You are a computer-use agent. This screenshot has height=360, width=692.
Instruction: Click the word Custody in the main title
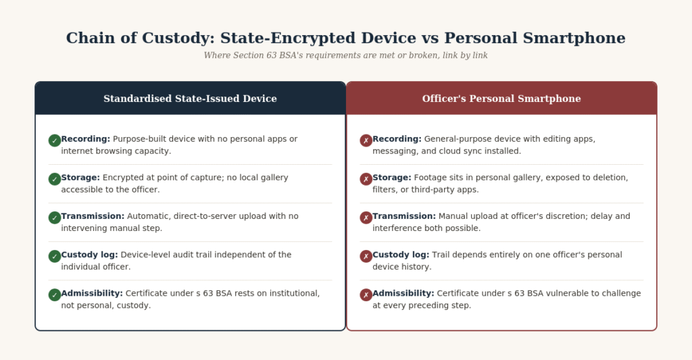pyautogui.click(x=178, y=38)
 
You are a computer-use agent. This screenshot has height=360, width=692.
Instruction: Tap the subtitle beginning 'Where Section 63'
pyautogui.click(x=345, y=55)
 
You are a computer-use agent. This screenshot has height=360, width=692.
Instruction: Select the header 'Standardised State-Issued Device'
pyautogui.click(x=190, y=99)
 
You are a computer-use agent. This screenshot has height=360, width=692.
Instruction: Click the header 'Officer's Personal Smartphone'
pyautogui.click(x=501, y=99)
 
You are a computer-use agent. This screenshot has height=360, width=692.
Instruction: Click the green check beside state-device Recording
pyautogui.click(x=55, y=140)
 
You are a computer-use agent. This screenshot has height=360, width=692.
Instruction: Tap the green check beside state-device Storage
pyautogui.click(x=55, y=179)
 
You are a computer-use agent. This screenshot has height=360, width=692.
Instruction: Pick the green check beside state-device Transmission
pyautogui.click(x=55, y=218)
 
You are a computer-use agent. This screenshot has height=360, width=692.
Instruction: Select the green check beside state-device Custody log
pyautogui.click(x=55, y=257)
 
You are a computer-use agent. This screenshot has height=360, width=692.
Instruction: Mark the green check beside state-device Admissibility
pyautogui.click(x=55, y=295)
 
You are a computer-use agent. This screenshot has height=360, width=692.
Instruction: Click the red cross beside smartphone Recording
pyautogui.click(x=366, y=140)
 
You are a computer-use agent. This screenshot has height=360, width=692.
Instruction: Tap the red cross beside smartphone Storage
pyautogui.click(x=366, y=179)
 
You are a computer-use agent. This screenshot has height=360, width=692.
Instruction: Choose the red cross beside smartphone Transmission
pyautogui.click(x=366, y=218)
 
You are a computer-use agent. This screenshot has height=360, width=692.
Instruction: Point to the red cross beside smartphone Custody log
pyautogui.click(x=366, y=257)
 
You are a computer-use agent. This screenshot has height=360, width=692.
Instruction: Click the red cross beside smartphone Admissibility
pyautogui.click(x=366, y=295)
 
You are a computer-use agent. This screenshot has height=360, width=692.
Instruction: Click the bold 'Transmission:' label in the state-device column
pyautogui.click(x=93, y=216)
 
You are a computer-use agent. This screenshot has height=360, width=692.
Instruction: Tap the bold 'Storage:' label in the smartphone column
pyautogui.click(x=392, y=178)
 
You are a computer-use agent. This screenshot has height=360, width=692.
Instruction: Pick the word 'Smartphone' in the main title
pyautogui.click(x=574, y=38)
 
